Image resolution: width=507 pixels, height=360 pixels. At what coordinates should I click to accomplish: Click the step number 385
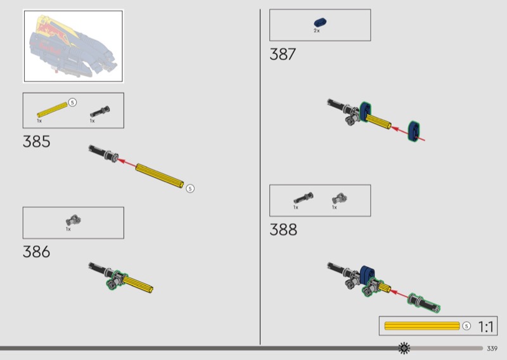[x=37, y=142]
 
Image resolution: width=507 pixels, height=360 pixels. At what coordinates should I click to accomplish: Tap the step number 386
[x=37, y=252]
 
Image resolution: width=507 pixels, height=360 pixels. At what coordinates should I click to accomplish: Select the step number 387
[x=283, y=55]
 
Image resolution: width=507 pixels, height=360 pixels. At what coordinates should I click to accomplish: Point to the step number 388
[x=283, y=229]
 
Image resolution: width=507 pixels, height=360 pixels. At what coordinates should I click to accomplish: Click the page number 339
[x=492, y=349]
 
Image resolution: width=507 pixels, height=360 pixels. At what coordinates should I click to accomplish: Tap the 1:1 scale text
[x=486, y=326]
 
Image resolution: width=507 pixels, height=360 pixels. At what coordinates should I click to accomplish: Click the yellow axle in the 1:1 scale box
[x=422, y=326]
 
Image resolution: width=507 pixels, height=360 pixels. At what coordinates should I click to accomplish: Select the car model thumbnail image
[x=73, y=46]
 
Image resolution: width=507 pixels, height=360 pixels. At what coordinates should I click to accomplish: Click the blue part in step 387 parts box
[x=320, y=22]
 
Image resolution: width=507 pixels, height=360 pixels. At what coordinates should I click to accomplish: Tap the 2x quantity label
[x=316, y=30]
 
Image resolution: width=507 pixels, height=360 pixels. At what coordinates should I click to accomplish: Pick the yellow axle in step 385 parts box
[x=52, y=110]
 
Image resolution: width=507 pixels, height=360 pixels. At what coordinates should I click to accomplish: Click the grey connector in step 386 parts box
[x=74, y=220]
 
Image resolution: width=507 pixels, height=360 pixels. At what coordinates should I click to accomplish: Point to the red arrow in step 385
[x=126, y=163]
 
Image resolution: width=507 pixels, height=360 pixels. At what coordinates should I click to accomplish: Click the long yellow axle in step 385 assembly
[x=160, y=176]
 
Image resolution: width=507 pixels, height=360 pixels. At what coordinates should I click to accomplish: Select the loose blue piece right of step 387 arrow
[x=414, y=131]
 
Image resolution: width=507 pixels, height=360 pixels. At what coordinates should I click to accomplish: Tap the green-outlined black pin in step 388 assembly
[x=423, y=303]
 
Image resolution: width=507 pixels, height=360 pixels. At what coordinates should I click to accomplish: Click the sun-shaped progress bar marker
[x=404, y=348]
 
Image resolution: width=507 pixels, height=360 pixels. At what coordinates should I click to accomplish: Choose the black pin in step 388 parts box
[x=304, y=198]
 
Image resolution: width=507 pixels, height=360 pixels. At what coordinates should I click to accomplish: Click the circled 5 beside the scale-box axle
[x=466, y=326]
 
